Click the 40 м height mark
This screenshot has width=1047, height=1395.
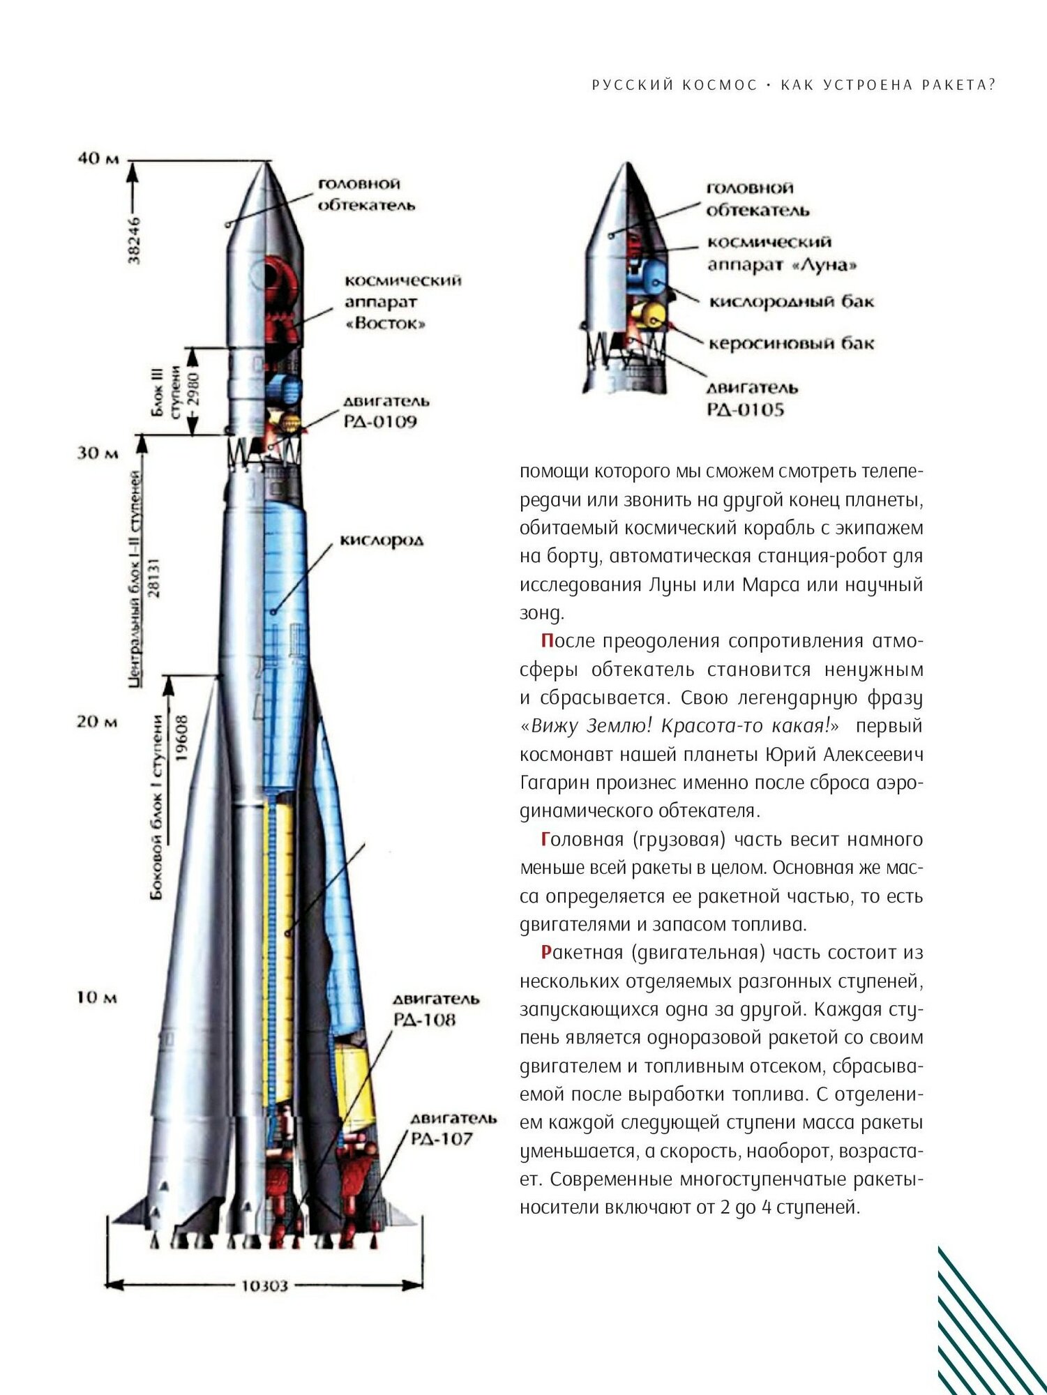tap(98, 158)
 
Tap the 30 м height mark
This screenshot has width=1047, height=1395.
tap(97, 453)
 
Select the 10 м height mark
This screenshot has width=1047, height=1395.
tap(97, 997)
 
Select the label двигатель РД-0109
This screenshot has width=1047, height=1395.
tap(386, 412)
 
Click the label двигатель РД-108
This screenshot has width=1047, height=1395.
tap(436, 1010)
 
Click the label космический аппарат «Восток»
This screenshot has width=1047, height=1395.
tap(402, 302)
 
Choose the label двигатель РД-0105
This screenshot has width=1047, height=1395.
tap(752, 398)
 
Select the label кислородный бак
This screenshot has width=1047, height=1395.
tap(791, 302)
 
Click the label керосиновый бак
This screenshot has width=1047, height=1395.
tap(791, 344)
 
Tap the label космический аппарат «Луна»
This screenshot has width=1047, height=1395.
tap(782, 253)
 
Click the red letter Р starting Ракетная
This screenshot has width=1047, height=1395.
tap(547, 953)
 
